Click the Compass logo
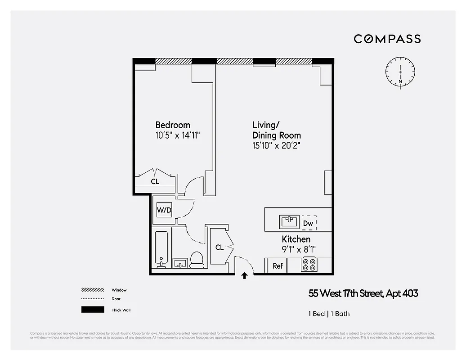[x=387, y=39]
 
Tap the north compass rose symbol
[x=400, y=72]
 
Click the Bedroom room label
[x=173, y=125]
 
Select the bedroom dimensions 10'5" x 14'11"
[x=177, y=135]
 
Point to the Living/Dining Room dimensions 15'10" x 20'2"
[x=276, y=145]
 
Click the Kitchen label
[x=296, y=239]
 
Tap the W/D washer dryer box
[x=164, y=210]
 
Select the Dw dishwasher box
[x=309, y=223]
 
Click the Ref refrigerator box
[x=278, y=266]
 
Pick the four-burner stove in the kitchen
[x=309, y=265]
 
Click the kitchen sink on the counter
[x=288, y=221]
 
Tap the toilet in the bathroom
[x=197, y=260]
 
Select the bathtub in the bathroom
[x=161, y=249]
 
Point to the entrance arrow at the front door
[x=244, y=276]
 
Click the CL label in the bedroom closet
[x=155, y=182]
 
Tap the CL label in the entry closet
[x=220, y=247]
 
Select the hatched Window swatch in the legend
[x=93, y=290]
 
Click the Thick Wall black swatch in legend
[x=93, y=310]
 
